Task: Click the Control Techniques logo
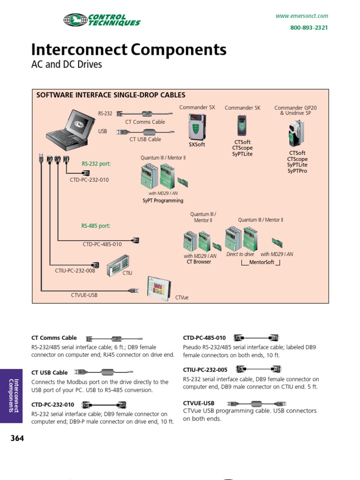pyautogui.click(x=102, y=20)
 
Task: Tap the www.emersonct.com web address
pyautogui.click(x=301, y=16)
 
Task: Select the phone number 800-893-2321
pyautogui.click(x=309, y=28)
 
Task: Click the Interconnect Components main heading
pyautogui.click(x=128, y=50)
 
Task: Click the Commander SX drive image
pyautogui.click(x=197, y=127)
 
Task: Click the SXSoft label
pyautogui.click(x=197, y=144)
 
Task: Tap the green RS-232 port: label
pyautogui.click(x=96, y=164)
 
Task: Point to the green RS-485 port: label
pyautogui.click(x=96, y=225)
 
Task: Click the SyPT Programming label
pyautogui.click(x=163, y=201)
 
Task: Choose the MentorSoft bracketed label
pyautogui.click(x=261, y=262)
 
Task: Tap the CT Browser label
pyautogui.click(x=199, y=262)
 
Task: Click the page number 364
pyautogui.click(x=17, y=438)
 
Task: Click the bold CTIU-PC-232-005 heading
pyautogui.click(x=205, y=370)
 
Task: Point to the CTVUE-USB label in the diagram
pyautogui.click(x=84, y=295)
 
